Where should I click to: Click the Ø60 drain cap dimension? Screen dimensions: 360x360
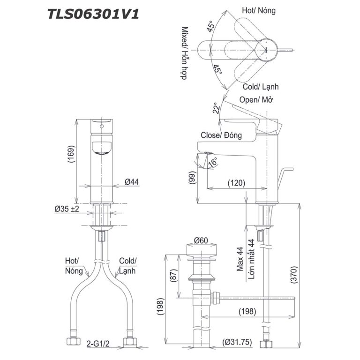(202, 240)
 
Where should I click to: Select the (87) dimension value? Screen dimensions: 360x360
(173, 277)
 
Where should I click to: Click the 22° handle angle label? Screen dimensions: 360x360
(216, 109)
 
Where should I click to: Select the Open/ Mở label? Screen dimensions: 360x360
(256, 100)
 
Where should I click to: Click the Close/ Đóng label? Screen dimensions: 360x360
(221, 135)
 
